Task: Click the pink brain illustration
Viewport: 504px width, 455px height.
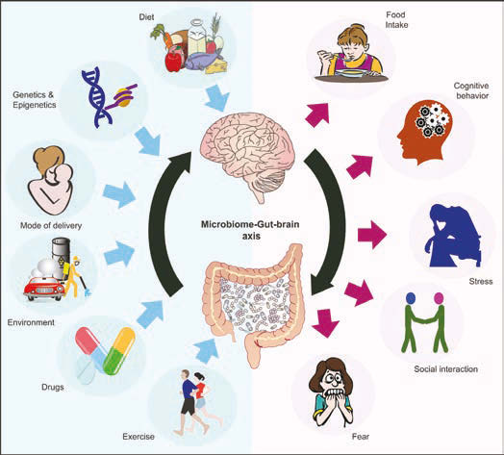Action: pyautogui.click(x=247, y=150)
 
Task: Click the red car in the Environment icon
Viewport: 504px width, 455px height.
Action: pyautogui.click(x=44, y=289)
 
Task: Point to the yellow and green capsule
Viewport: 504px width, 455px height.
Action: pyautogui.click(x=120, y=350)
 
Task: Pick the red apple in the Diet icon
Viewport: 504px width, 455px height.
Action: pyautogui.click(x=173, y=61)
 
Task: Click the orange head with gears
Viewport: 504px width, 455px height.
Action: pyautogui.click(x=424, y=132)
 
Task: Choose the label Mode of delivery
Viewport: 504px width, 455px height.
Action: pyautogui.click(x=51, y=226)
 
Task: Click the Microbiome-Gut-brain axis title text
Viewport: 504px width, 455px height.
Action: pyautogui.click(x=250, y=230)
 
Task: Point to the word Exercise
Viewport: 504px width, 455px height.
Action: pyautogui.click(x=139, y=437)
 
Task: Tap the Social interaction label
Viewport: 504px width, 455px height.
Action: pyautogui.click(x=445, y=368)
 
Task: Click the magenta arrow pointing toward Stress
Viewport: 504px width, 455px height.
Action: pyautogui.click(x=372, y=235)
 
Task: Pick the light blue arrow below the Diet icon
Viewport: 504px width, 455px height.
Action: pyautogui.click(x=217, y=97)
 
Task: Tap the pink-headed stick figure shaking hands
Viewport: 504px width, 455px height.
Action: pyautogui.click(x=436, y=321)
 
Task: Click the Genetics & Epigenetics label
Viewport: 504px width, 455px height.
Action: pyautogui.click(x=35, y=100)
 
